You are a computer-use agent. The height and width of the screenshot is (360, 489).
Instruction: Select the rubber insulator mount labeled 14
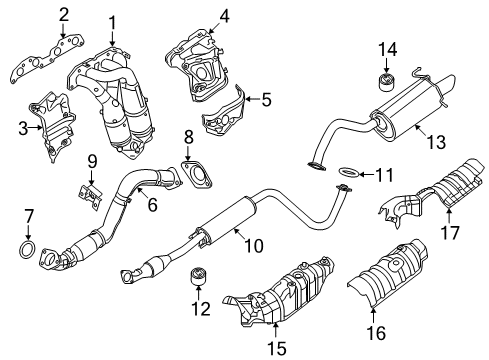[386, 80]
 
